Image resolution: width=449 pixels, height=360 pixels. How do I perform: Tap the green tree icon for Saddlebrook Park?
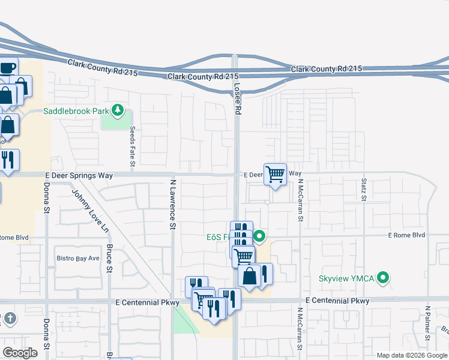[x=118, y=110]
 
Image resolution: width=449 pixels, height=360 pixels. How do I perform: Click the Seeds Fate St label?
[x=133, y=147]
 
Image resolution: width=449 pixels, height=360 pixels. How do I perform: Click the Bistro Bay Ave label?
[x=77, y=259]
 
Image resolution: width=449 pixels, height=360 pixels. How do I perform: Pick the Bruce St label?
[x=110, y=257]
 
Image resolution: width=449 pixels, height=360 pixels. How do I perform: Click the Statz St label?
[x=364, y=189]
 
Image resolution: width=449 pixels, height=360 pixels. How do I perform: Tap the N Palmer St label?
[x=428, y=325]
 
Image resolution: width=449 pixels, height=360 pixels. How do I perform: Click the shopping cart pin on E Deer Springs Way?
[x=276, y=175]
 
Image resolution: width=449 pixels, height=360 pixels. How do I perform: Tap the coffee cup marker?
[x=7, y=68]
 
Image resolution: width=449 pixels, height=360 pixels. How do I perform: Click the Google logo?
[x=20, y=353]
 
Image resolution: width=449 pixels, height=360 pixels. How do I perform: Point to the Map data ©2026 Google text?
[x=411, y=355]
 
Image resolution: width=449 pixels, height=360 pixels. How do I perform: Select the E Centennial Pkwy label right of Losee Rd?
[x=337, y=300]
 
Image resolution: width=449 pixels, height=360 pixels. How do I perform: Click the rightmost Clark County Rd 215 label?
[x=327, y=69]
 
